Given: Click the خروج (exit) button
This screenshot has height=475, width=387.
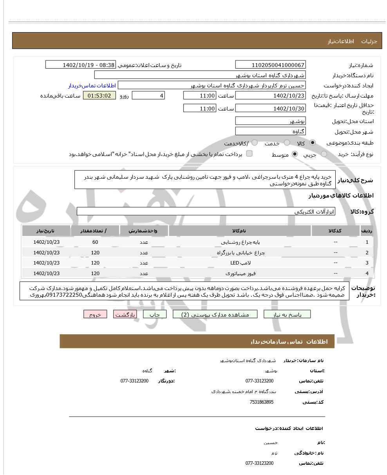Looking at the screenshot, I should point(95,314).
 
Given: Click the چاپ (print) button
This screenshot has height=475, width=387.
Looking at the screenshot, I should point(155,314).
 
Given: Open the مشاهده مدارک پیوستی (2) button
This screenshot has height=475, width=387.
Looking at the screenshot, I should point(215,314).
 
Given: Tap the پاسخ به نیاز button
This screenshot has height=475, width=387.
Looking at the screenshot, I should point(287,314).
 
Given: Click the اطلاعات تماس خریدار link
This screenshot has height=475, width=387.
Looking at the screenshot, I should point(92,85).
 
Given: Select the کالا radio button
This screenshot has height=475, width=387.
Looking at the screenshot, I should point(313,143).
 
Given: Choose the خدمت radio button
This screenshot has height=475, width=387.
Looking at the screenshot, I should point(287,143).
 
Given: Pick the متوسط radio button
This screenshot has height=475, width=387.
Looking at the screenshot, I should point(295,154).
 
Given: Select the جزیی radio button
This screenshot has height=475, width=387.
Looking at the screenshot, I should point(324,154).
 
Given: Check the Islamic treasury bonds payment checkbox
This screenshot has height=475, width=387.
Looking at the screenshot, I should point(249,154).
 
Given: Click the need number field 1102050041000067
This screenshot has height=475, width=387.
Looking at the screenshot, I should point(270,65).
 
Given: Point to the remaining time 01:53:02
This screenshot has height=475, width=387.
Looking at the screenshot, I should point(99,96).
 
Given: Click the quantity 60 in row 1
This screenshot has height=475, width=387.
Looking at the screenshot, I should point(95,242).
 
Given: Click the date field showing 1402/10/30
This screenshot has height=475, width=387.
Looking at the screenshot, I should point(270,109).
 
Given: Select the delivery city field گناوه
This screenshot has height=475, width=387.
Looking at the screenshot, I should point(270,131).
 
